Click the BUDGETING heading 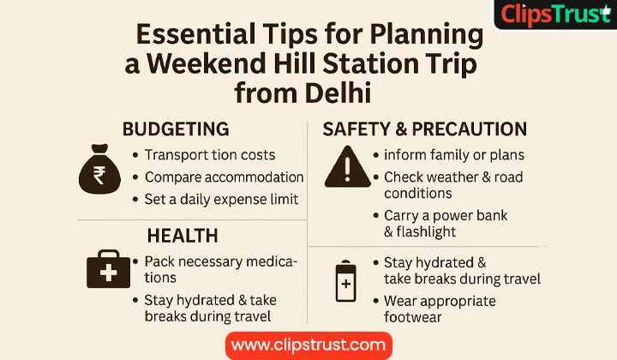[176, 129]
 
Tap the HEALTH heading [183, 236]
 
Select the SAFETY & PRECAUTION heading [424, 129]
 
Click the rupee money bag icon [99, 169]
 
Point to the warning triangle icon [347, 167]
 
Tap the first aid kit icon [108, 269]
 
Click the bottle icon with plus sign [346, 281]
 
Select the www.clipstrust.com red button [308, 345]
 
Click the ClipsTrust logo [555, 15]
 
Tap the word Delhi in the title [338, 93]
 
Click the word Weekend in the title [207, 63]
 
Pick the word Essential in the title [195, 33]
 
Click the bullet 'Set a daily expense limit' [221, 199]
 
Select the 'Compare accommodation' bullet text [224, 177]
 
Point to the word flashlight [426, 231]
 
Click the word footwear [413, 317]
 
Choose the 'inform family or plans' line [454, 155]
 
